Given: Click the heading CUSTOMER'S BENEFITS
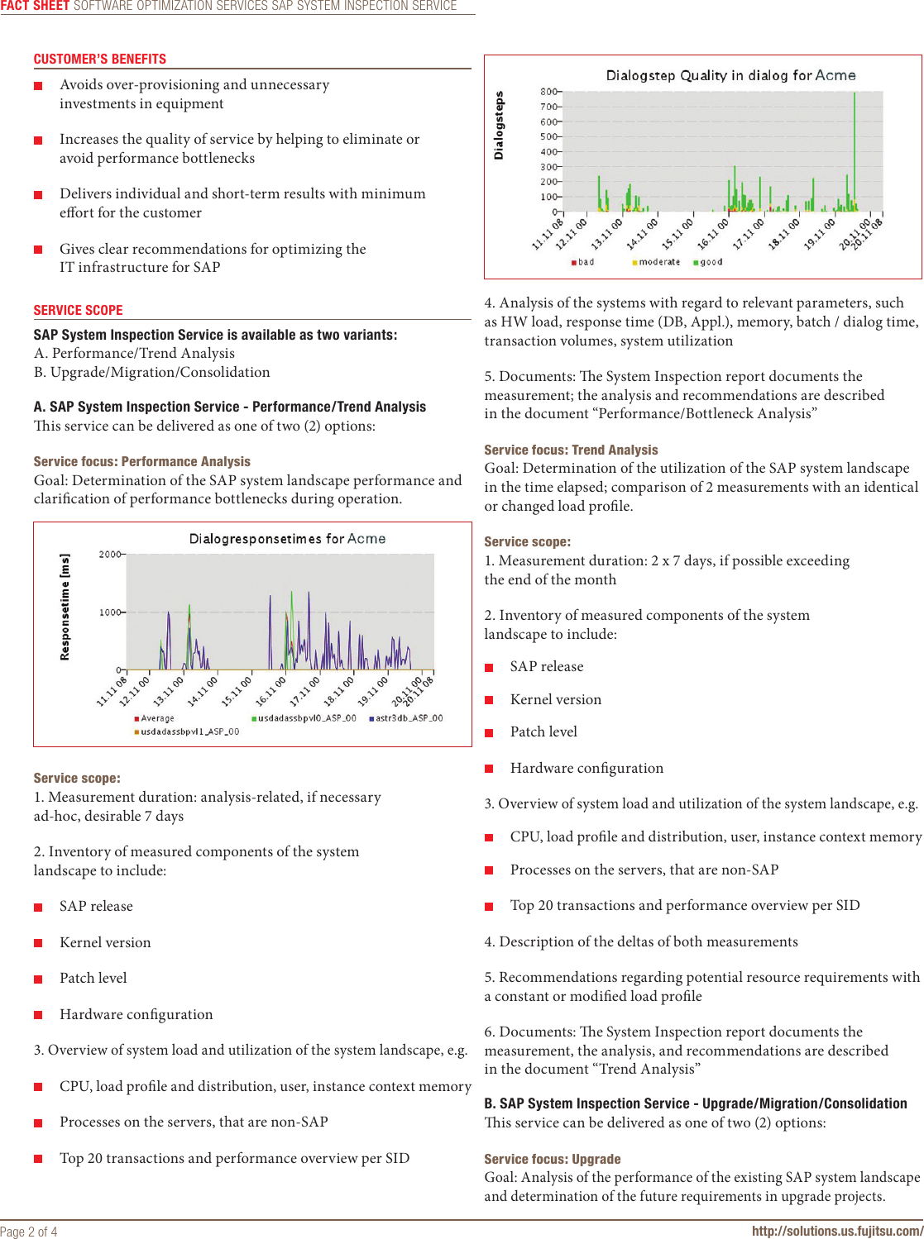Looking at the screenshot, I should pyautogui.click(x=99, y=60).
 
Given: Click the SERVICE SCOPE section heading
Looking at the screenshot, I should pyautogui.click(x=78, y=311).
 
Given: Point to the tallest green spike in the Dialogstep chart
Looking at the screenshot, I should pyautogui.click(x=855, y=149).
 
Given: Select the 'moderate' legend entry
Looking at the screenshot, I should pyautogui.click(x=658, y=262).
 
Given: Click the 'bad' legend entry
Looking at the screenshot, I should pyautogui.click(x=585, y=262).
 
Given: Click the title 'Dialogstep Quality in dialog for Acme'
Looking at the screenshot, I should pyautogui.click(x=730, y=75).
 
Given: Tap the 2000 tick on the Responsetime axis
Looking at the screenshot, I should pyautogui.click(x=110, y=554).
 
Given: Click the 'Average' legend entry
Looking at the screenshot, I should pyautogui.click(x=156, y=718).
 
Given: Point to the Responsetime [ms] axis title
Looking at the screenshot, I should pyautogui.click(x=65, y=607).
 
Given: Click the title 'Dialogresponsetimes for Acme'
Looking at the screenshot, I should pyautogui.click(x=287, y=539).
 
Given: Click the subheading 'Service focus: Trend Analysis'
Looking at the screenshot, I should pyautogui.click(x=571, y=450).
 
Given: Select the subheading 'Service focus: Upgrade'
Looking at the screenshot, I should pyautogui.click(x=552, y=1159).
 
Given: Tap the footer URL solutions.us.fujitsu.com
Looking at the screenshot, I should pyautogui.click(x=836, y=1231).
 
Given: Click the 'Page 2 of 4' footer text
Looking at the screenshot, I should pyautogui.click(x=29, y=1232).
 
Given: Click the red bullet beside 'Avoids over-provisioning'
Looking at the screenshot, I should pyautogui.click(x=38, y=86).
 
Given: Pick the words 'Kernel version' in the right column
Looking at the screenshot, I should pyautogui.click(x=555, y=699).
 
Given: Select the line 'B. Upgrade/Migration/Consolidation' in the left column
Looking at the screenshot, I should pyautogui.click(x=151, y=372).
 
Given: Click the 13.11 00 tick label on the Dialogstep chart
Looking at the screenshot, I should pyautogui.click(x=606, y=234).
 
